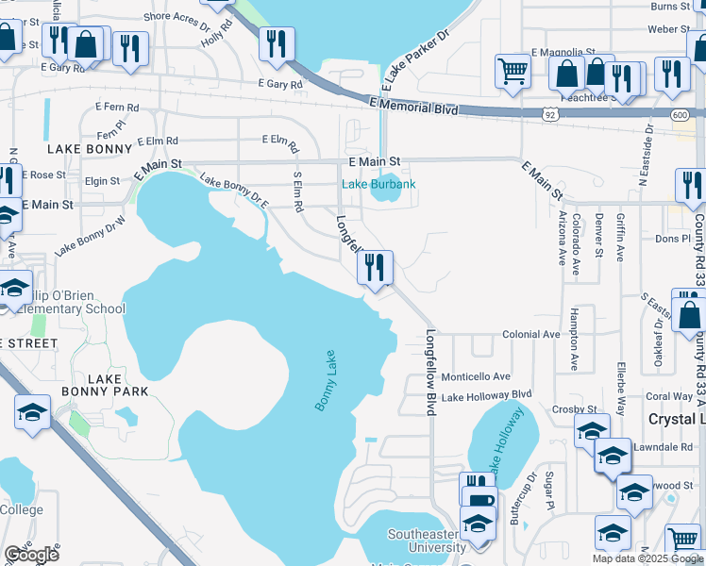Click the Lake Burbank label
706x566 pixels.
[378, 184]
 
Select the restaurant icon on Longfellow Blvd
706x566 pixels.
[375, 268]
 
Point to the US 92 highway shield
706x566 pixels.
[551, 113]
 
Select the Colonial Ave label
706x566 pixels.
[530, 334]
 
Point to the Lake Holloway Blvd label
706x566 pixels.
[486, 395]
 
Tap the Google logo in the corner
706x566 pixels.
[31, 555]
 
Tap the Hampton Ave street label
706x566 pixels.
[574, 336]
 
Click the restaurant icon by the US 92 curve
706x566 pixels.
[277, 42]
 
